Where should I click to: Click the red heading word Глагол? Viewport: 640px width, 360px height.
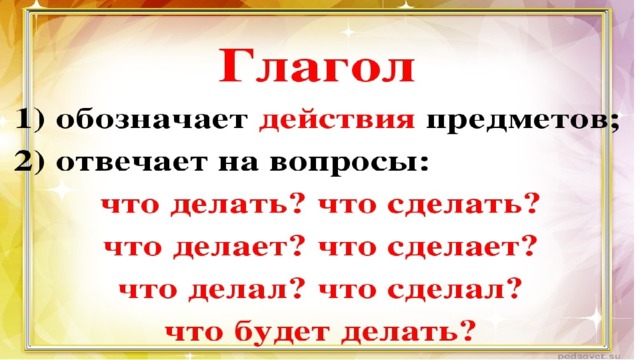(x=317, y=66)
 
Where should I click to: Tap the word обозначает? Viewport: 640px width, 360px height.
(x=152, y=120)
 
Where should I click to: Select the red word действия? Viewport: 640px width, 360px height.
(x=337, y=121)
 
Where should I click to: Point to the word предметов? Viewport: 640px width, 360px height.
(x=516, y=121)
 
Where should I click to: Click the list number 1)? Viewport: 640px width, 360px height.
(x=31, y=120)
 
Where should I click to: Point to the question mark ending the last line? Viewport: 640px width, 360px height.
(x=468, y=329)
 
